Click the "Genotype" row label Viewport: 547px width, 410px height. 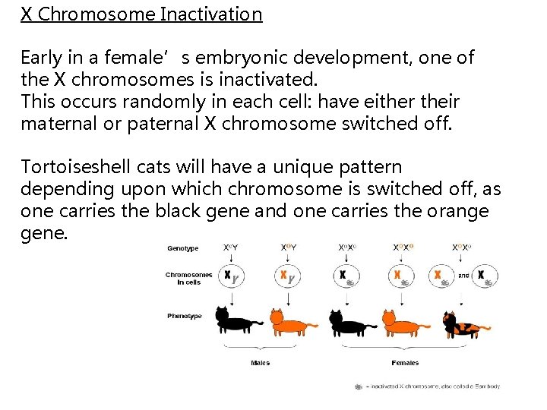[x=183, y=248]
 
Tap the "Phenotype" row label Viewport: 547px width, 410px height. [x=185, y=316]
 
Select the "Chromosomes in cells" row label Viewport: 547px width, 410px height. [x=188, y=278]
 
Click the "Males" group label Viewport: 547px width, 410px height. [x=261, y=363]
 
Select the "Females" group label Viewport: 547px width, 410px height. [x=405, y=363]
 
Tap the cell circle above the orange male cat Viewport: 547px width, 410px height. [x=286, y=276]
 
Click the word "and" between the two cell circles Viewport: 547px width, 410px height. [x=463, y=276]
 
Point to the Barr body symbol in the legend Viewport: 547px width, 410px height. [x=358, y=386]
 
